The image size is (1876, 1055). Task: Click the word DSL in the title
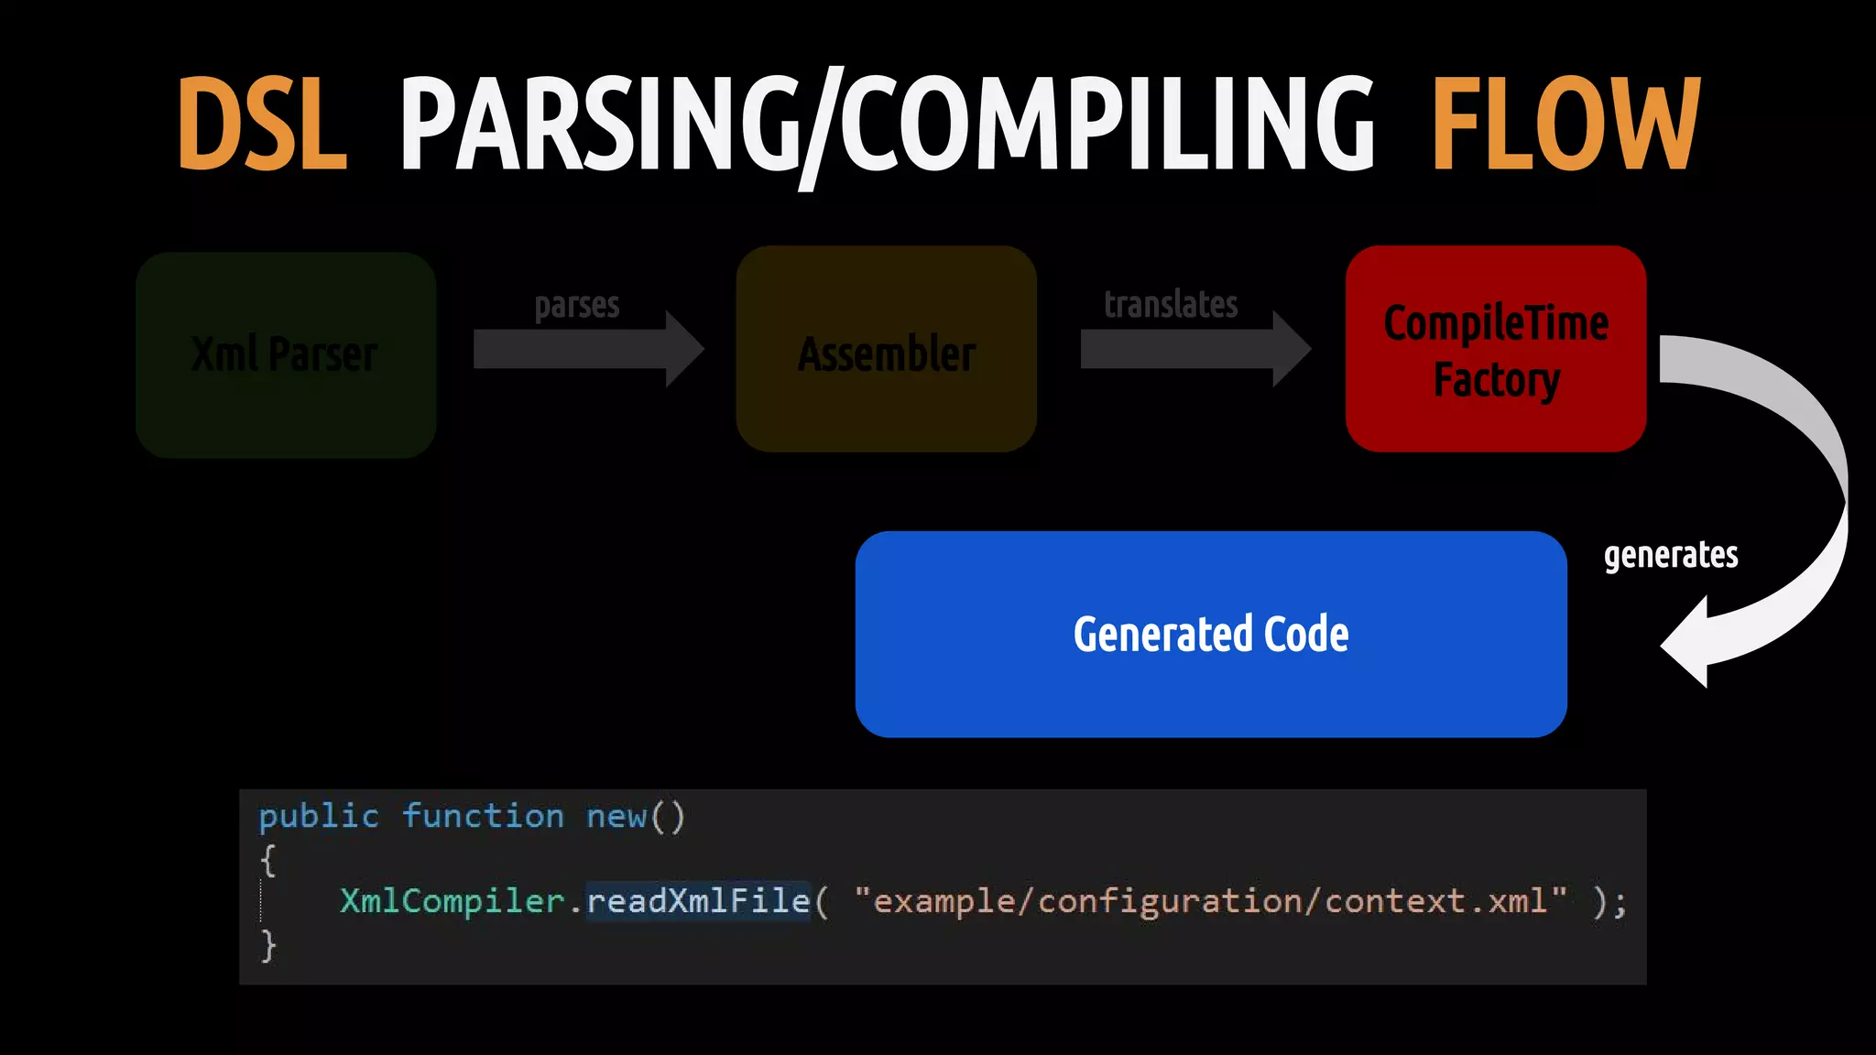[262, 125]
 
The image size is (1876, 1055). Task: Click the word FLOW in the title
[1565, 125]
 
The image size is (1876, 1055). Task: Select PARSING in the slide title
[600, 125]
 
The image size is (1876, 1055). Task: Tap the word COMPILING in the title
[1108, 125]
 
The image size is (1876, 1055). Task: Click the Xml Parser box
[286, 354]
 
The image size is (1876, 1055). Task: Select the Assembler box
[886, 349]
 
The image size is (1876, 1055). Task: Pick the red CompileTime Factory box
[1496, 349]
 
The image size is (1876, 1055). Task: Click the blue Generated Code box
[1211, 634]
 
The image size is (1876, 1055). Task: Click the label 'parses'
[577, 305]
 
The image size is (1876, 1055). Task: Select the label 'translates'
[1171, 304]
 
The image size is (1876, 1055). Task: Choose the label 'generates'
[1671, 555]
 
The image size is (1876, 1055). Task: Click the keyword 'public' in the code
[319, 816]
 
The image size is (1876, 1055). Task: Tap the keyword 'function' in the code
[483, 816]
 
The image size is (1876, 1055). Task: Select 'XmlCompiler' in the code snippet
[452, 901]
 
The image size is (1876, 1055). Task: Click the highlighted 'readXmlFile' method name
[698, 901]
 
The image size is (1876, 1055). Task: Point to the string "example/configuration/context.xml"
[1210, 901]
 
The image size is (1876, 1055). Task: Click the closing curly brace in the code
[267, 945]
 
